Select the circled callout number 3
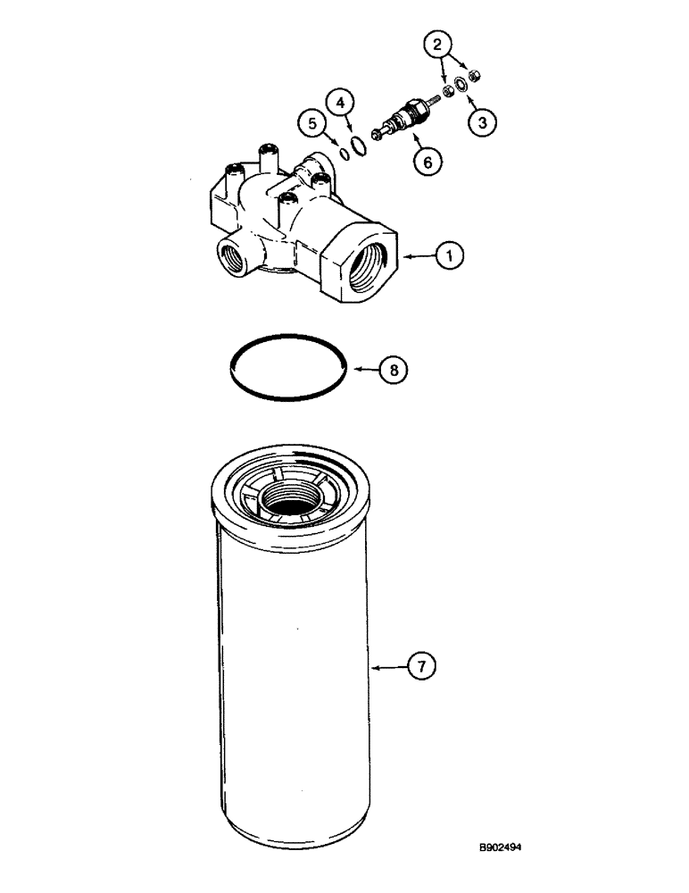pos(482,123)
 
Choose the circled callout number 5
pos(313,124)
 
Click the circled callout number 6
pos(427,162)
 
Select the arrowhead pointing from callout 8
pos(352,367)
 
